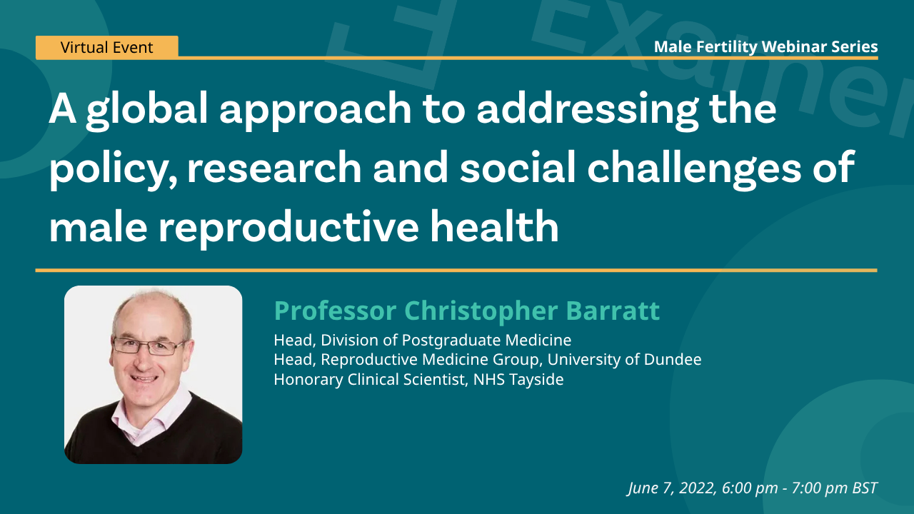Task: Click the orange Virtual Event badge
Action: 106,48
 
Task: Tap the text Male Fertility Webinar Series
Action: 765,47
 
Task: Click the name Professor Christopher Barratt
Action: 466,311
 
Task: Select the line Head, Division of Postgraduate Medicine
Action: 422,340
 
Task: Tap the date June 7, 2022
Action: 671,488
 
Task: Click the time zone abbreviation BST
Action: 864,488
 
